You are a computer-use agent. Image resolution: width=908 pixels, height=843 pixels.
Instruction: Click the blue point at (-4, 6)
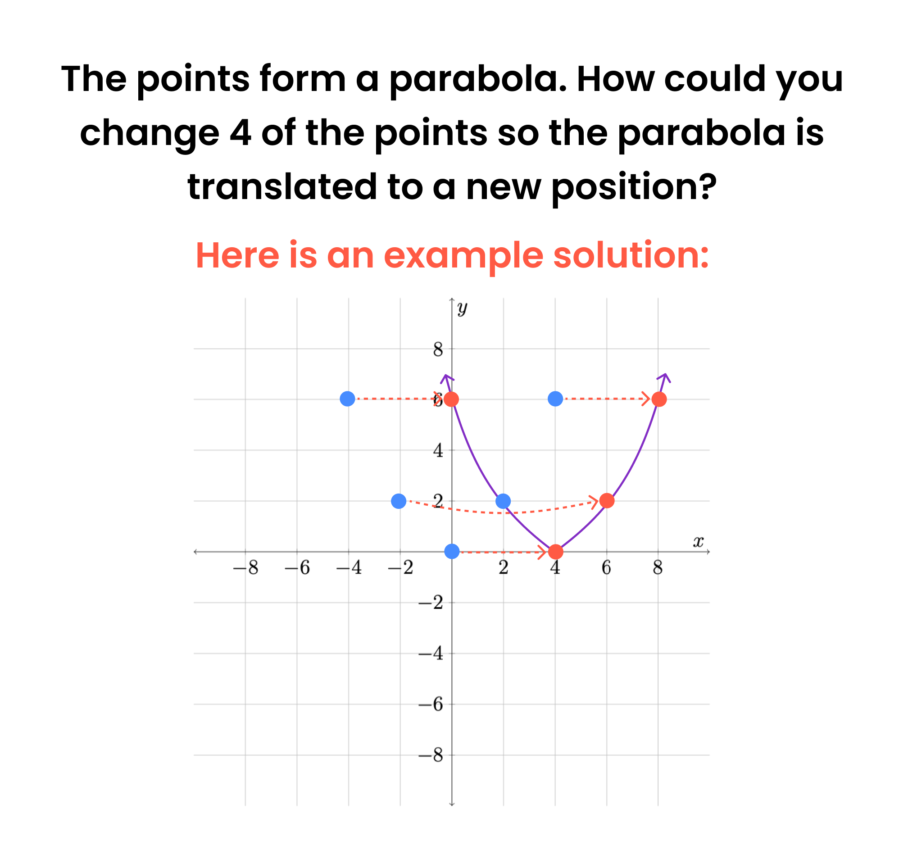347,399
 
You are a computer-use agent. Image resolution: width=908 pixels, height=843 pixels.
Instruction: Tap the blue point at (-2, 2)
399,501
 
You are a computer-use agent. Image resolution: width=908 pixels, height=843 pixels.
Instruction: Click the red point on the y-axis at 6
451,399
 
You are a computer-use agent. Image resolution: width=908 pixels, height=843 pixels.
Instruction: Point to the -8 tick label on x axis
245,568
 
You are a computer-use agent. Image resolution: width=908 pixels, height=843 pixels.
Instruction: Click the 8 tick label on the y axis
438,349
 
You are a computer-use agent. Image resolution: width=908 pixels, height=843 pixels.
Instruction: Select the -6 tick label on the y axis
431,705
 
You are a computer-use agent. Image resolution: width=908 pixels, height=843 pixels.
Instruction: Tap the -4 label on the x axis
349,568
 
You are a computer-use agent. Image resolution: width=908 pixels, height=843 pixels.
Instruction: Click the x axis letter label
698,541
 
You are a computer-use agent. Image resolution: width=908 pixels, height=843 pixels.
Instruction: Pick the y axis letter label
462,309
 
